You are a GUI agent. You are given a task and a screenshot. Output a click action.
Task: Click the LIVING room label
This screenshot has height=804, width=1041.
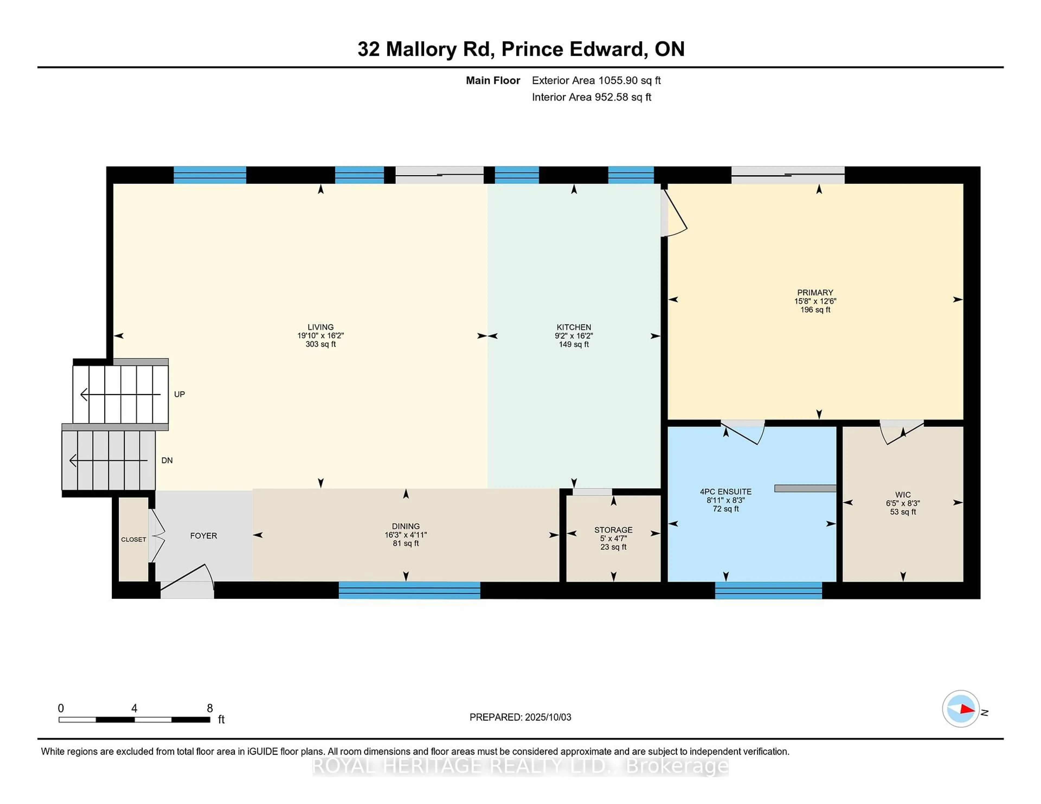click(320, 327)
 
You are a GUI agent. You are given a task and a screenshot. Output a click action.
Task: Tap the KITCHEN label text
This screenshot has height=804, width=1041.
click(574, 327)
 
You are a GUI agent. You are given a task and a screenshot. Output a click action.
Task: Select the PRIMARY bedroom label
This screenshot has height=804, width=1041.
click(815, 293)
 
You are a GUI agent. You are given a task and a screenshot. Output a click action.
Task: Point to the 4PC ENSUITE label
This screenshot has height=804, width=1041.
click(725, 492)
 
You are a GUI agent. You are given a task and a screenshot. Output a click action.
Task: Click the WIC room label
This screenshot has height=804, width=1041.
click(903, 495)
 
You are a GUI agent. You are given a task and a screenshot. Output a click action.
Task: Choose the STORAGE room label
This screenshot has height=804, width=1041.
click(613, 530)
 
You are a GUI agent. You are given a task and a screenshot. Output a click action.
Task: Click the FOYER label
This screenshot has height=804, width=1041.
click(204, 536)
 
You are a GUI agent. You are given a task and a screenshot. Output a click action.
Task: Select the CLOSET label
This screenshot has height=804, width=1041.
click(133, 540)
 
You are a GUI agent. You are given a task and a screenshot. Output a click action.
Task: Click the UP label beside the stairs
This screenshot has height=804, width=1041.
click(179, 394)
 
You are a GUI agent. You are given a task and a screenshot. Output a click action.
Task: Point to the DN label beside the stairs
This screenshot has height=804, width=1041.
click(167, 461)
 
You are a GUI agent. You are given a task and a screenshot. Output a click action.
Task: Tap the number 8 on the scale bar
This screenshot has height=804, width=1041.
click(210, 708)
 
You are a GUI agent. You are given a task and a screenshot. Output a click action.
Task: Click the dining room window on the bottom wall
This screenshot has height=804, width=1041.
click(409, 590)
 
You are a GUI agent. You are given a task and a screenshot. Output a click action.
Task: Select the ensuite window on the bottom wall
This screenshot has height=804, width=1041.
click(768, 590)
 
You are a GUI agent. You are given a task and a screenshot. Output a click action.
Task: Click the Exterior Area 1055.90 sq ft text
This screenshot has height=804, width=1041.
click(596, 80)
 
